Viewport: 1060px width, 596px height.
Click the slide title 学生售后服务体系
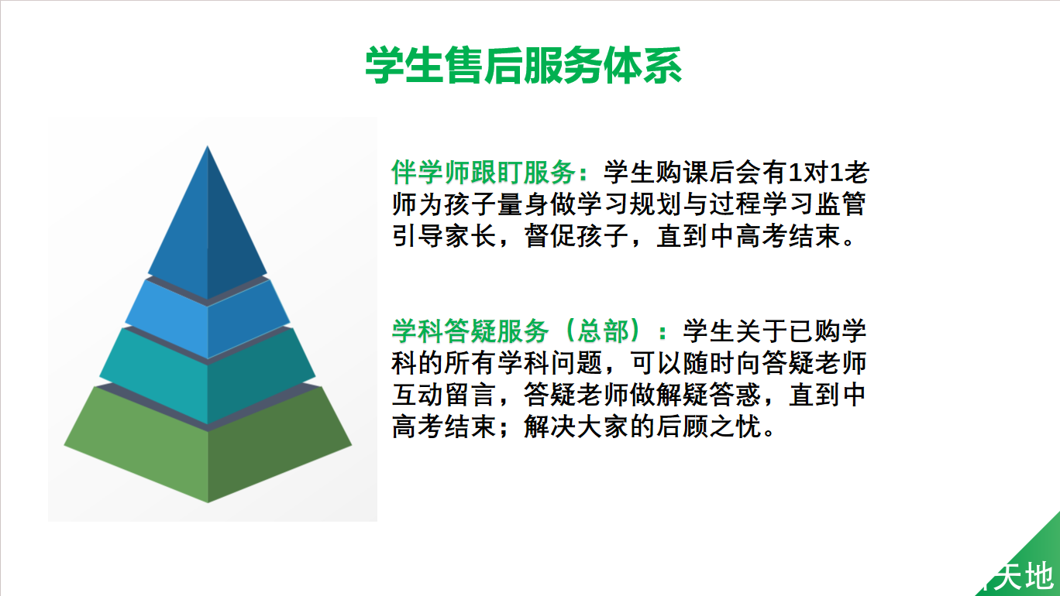[523, 65]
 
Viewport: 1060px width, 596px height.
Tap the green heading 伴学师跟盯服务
[484, 172]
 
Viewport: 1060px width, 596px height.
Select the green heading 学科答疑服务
[470, 331]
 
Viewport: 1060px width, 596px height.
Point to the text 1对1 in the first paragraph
[817, 172]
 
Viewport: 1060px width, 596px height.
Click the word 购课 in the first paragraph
[683, 172]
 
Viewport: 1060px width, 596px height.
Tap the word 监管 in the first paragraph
[839, 204]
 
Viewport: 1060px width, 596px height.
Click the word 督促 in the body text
[550, 236]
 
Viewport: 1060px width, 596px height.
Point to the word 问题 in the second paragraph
[576, 363]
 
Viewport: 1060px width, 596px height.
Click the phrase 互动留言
[444, 395]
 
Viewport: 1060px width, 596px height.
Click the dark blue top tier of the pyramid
[207, 227]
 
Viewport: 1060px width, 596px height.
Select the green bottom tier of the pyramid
[207, 444]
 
